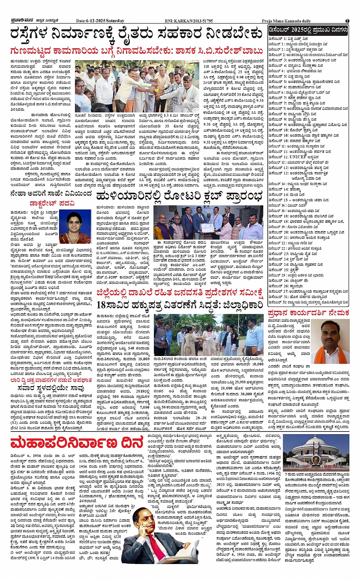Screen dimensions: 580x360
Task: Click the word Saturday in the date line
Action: click(115, 21)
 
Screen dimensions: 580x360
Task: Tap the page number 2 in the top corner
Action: click(347, 21)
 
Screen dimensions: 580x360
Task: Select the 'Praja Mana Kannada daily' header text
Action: click(286, 21)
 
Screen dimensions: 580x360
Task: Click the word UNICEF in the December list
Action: click(298, 157)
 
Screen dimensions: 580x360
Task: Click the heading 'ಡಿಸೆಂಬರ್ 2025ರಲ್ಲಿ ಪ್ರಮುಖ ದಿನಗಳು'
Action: click(308, 30)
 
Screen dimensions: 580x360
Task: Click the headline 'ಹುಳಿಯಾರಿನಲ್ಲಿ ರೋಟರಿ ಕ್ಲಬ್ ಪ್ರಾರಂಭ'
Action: click(179, 197)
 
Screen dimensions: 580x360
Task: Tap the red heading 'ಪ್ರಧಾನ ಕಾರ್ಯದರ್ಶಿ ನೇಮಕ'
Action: click(308, 313)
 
